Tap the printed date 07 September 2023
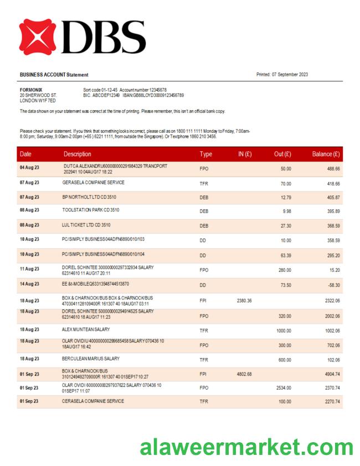pyautogui.click(x=282, y=75)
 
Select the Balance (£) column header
pyautogui.click(x=326, y=154)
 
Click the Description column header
pyautogui.click(x=77, y=154)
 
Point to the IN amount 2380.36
pyautogui.click(x=244, y=301)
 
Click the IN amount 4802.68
pyautogui.click(x=244, y=374)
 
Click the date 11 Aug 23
pyautogui.click(x=29, y=268)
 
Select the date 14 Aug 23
pyautogui.click(x=29, y=284)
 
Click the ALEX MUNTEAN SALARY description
pyautogui.click(x=86, y=329)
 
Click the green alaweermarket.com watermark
pyautogui.click(x=246, y=446)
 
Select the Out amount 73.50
pyautogui.click(x=285, y=284)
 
